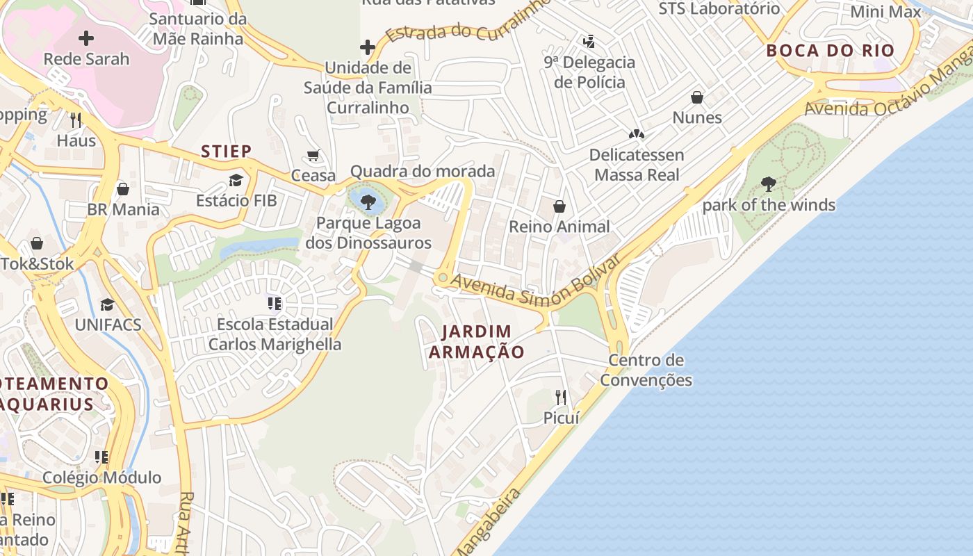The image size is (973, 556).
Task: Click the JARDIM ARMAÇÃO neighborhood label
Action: (476, 341)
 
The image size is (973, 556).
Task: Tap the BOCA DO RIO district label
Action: (830, 51)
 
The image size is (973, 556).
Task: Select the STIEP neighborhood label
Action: (227, 151)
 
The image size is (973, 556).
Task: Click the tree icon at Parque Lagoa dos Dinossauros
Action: (368, 202)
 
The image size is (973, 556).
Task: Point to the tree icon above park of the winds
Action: (768, 184)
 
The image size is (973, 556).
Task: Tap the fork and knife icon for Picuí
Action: (561, 397)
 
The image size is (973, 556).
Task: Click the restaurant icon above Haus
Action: (76, 120)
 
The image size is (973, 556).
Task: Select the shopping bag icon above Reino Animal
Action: (559, 206)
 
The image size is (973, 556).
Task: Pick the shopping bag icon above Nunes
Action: (696, 97)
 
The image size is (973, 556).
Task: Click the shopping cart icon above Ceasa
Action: (313, 155)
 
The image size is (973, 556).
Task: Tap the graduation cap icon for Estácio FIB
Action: (236, 181)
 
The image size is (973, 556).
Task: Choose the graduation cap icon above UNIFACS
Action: (107, 304)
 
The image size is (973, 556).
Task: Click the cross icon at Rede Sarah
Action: (86, 38)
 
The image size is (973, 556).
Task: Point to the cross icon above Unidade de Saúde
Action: (368, 47)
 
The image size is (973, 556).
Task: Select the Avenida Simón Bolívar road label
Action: (535, 282)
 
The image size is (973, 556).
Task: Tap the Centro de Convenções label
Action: (646, 370)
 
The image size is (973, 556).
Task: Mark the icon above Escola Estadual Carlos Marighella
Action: (275, 304)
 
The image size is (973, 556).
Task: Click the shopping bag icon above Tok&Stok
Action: (37, 243)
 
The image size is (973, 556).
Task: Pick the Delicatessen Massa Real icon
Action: (636, 133)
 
